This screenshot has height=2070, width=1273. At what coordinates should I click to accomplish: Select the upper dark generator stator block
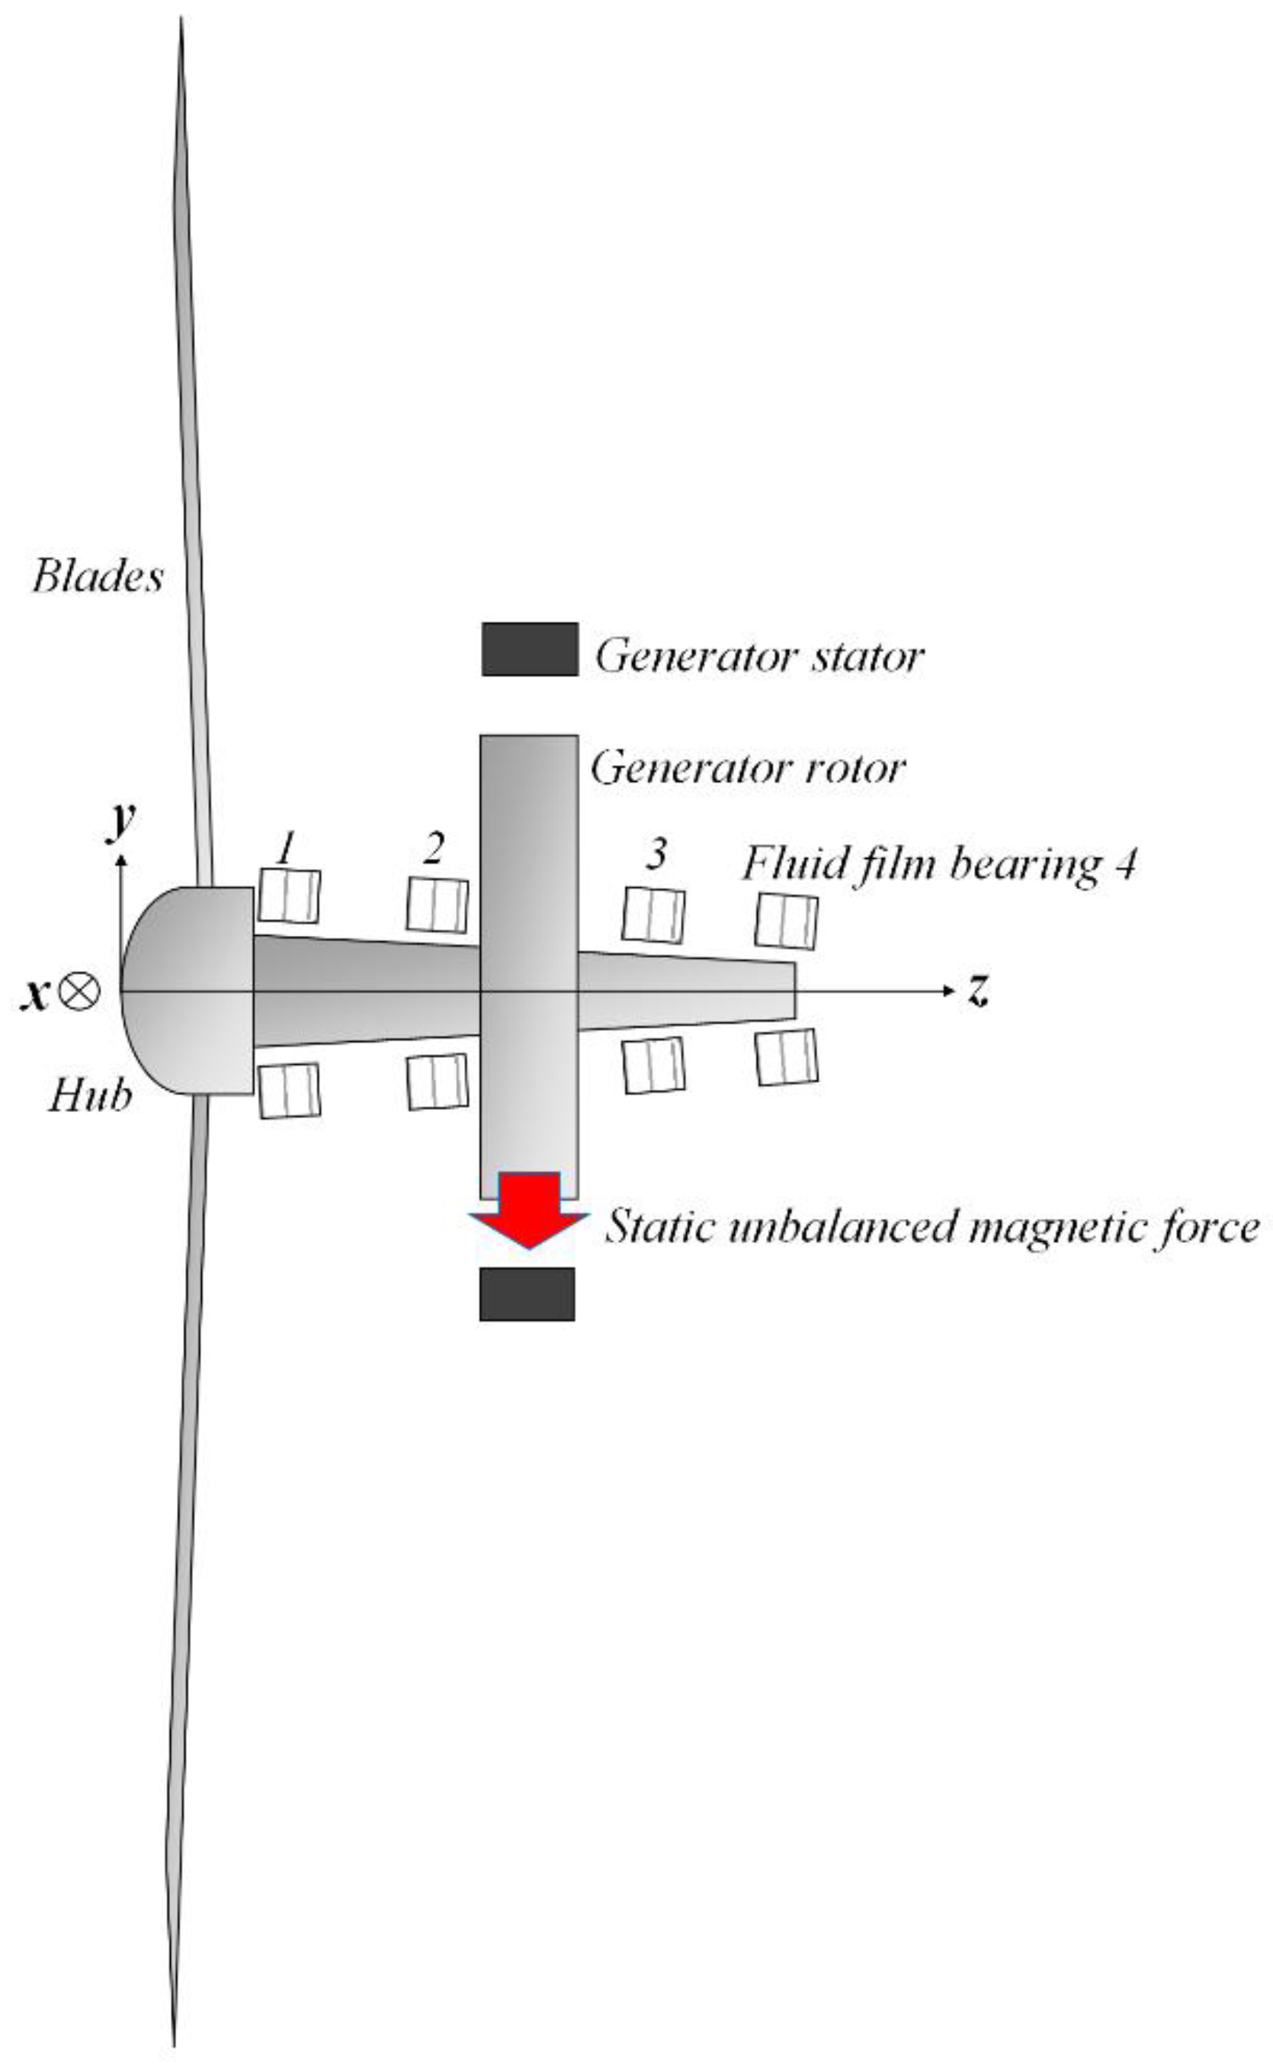coord(530,649)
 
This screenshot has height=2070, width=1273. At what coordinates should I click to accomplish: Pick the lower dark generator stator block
coord(527,1294)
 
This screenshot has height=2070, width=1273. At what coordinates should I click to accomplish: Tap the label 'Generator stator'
coord(759,656)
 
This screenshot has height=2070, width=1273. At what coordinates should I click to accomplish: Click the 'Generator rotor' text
coord(748,767)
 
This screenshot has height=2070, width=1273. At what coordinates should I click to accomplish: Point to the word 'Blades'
coord(98,577)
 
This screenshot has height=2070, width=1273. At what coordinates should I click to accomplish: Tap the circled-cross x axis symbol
coord(82,992)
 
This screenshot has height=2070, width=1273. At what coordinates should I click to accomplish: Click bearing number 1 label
coord(287,847)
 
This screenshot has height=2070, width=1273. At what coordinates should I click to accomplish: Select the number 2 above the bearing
coord(433,849)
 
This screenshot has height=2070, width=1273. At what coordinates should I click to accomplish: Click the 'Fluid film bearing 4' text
coord(939,864)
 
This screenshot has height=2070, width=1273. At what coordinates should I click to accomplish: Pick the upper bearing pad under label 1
coord(289,896)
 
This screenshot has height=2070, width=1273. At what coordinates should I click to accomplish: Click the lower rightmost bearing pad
coord(787,1057)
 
